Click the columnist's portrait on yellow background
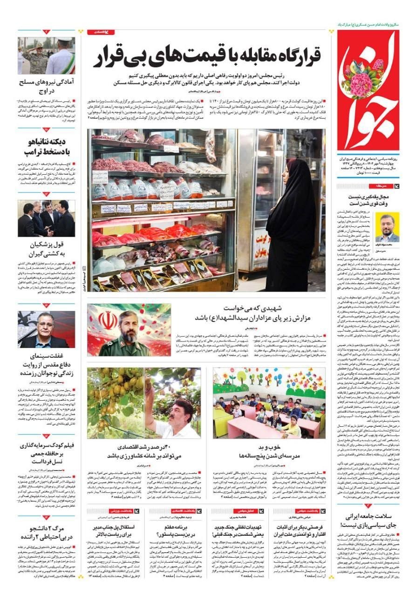coord(387,227)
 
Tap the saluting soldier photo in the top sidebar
coord(46,56)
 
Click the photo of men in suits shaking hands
coord(46,218)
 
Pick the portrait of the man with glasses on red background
coord(46,329)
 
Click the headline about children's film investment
coord(48,453)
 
